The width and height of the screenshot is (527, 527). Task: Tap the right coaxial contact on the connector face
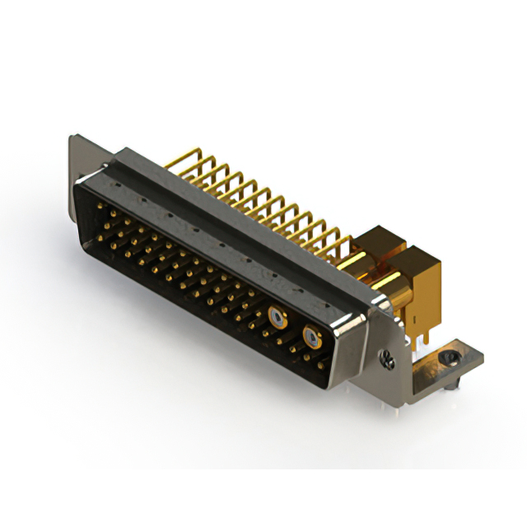(310, 335)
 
